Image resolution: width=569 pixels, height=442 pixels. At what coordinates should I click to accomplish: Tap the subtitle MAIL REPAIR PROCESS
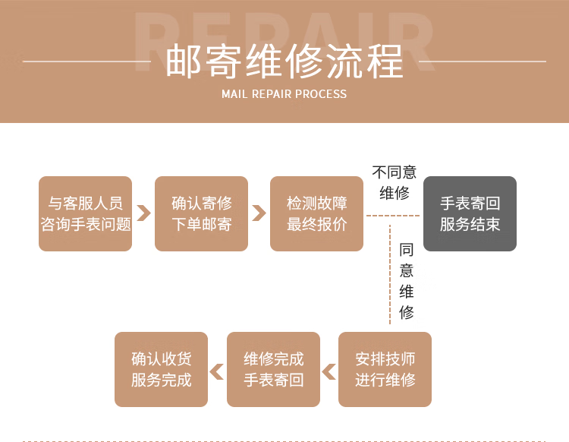point(284,94)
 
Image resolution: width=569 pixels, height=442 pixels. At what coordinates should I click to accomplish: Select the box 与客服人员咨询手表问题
point(86,213)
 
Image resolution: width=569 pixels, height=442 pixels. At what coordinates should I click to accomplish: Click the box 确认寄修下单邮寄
point(201,213)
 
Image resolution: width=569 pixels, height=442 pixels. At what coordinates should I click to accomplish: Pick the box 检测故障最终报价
point(316,213)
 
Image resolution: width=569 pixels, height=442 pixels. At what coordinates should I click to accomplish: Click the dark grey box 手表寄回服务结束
point(470,213)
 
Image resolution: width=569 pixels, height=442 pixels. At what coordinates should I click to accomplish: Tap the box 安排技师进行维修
point(385,369)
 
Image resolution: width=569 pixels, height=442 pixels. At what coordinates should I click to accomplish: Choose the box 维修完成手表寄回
point(273,369)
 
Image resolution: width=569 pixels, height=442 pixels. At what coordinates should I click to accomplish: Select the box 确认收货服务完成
point(161,369)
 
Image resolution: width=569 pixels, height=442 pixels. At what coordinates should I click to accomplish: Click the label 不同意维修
point(395,182)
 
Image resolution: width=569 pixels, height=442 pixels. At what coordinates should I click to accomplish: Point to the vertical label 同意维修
point(407,281)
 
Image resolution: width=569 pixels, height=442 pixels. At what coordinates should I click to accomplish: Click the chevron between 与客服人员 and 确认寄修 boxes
point(143,213)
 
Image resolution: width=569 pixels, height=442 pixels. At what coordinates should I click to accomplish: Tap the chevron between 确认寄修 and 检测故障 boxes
point(259,213)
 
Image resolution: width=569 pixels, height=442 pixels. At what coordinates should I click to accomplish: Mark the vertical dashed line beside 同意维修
point(390,273)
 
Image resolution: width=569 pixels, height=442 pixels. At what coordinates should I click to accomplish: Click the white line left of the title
point(86,62)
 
